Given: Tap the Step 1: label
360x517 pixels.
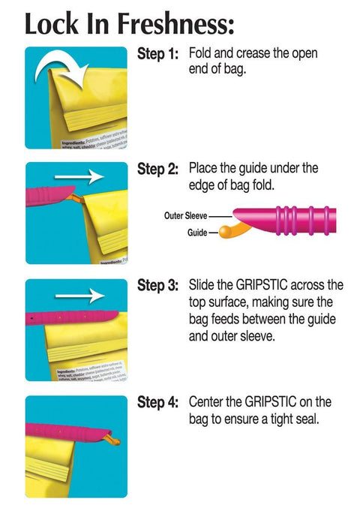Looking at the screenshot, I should [x=157, y=54].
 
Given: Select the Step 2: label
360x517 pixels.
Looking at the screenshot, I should [x=157, y=170].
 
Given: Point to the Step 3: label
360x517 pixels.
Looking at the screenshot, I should [x=157, y=286].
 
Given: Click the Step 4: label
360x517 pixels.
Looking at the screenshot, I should [x=157, y=402].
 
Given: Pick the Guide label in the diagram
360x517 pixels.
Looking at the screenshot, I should [x=196, y=233].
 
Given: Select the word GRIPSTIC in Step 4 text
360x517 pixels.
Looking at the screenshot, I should [x=265, y=402].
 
